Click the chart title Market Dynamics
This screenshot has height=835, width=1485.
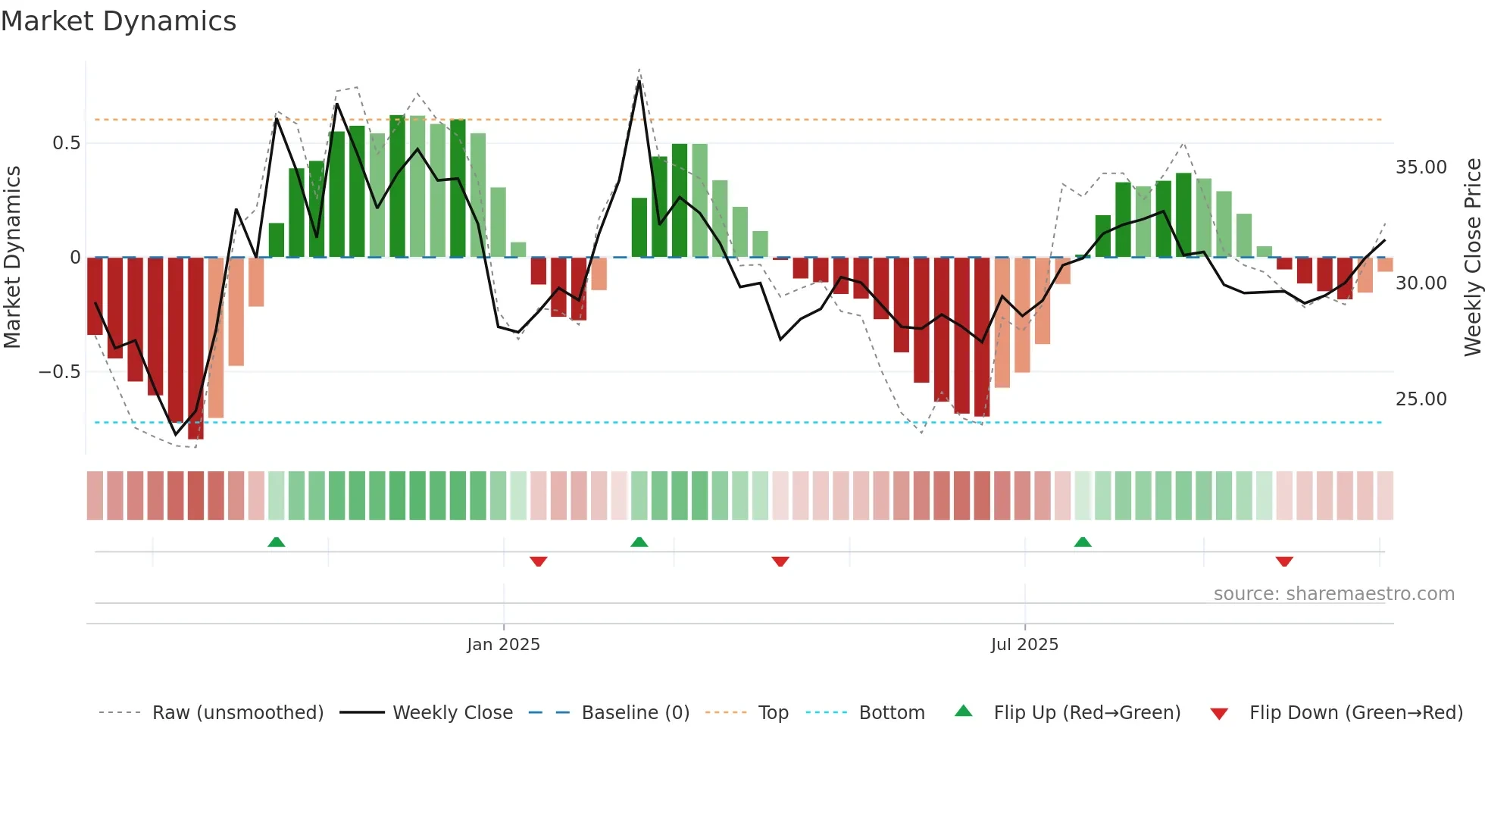119,21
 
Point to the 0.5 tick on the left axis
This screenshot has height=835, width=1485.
66,143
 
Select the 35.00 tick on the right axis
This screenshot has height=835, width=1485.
1421,167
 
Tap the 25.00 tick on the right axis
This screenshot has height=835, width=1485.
1421,399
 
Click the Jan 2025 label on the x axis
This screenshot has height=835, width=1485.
503,645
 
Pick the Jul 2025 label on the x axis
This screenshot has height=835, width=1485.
1024,645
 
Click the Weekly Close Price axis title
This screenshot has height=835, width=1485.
1472,258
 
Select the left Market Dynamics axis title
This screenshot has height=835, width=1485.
12,258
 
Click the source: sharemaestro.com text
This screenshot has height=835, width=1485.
1333,594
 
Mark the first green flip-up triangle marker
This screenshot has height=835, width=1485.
277,543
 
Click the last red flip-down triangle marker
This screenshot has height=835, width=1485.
1284,561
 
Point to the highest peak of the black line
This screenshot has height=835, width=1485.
639,81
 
